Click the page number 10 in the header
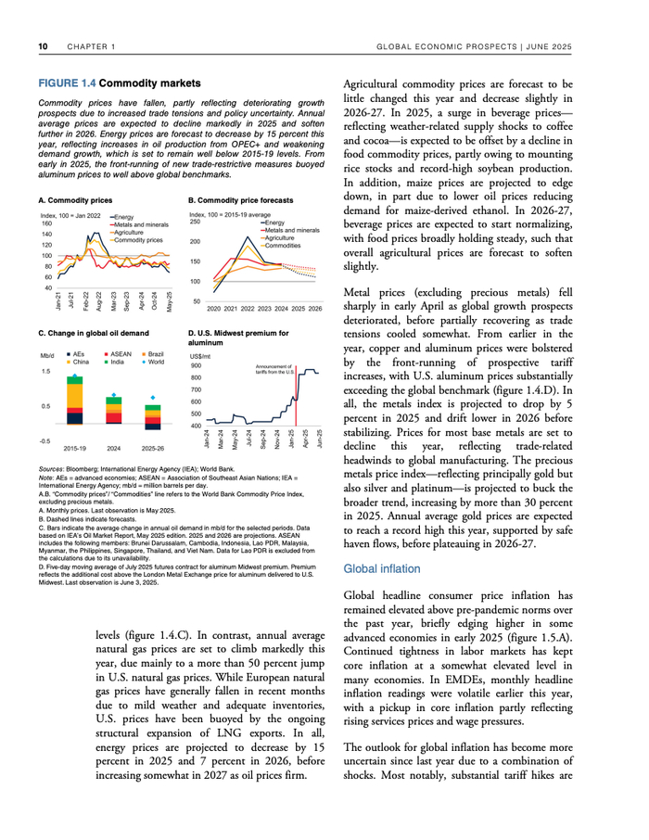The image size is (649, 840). coord(43,45)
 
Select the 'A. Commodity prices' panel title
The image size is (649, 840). coord(76,200)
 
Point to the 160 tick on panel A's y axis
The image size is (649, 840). coord(46,224)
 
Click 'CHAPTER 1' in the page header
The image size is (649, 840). coord(89,45)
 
